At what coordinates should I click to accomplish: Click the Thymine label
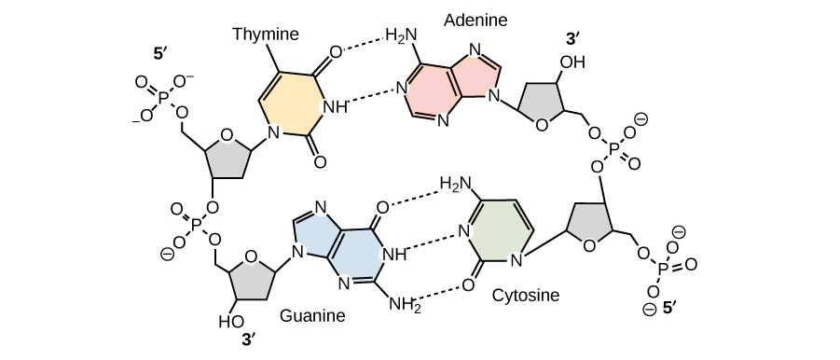[x=266, y=35]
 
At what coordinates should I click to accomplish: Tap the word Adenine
[x=475, y=21]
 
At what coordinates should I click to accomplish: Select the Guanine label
[x=312, y=315]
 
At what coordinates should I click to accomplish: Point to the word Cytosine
[x=525, y=295]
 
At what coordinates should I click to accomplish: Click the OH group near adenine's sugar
[x=572, y=62]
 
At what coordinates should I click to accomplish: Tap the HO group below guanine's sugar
[x=231, y=322]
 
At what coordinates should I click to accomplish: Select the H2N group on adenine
[x=401, y=36]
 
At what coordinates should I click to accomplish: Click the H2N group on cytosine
[x=455, y=185]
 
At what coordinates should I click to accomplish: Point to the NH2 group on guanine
[x=405, y=305]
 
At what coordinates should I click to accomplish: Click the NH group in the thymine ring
[x=336, y=107]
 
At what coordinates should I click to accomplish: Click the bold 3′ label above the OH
[x=573, y=38]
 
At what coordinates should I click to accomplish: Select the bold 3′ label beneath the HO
[x=248, y=339]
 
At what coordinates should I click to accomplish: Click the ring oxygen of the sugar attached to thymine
[x=226, y=135]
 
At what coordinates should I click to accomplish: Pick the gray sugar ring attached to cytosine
[x=588, y=226]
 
